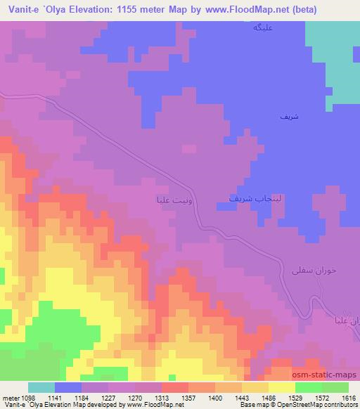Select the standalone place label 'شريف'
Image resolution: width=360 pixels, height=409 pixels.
[288, 118]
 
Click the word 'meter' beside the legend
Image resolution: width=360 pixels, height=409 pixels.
[9, 397]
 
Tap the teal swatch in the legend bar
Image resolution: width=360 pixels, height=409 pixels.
[41, 387]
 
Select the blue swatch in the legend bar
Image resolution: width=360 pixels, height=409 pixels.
[68, 387]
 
